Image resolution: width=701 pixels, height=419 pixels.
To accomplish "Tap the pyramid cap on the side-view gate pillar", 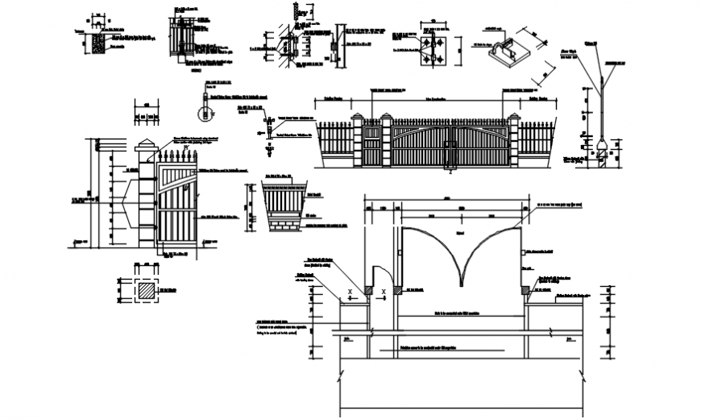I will (x=145, y=147).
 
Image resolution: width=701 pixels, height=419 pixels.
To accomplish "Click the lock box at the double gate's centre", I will (x=450, y=150).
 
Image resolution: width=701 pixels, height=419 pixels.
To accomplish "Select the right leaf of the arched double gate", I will (x=480, y=146).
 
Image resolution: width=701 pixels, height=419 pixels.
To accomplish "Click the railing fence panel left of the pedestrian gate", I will (x=336, y=143).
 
